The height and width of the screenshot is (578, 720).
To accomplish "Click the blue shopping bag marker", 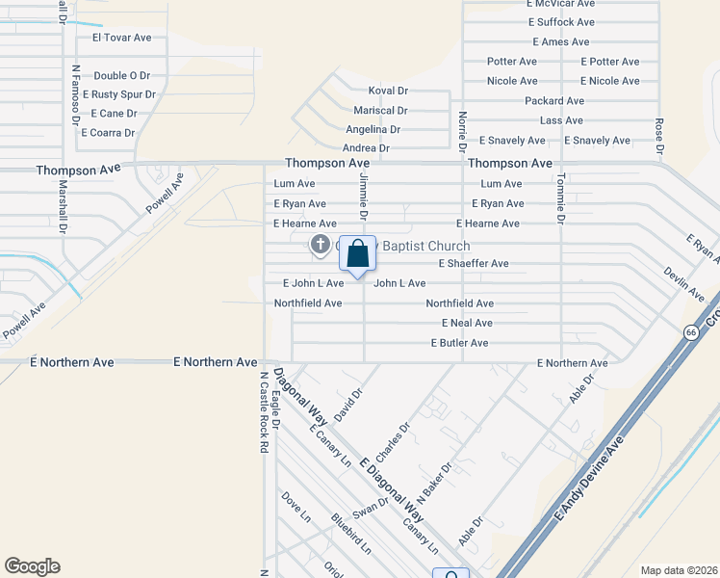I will click(x=357, y=255).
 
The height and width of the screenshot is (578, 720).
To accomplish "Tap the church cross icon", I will click(x=319, y=245).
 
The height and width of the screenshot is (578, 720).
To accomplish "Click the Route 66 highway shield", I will click(x=691, y=332).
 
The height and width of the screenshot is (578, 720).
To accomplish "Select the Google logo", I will click(x=32, y=566).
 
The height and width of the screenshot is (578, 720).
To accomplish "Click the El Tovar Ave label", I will click(x=122, y=38).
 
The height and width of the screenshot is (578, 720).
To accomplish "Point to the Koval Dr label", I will click(x=389, y=90).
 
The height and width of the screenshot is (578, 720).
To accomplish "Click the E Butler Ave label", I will click(x=459, y=343).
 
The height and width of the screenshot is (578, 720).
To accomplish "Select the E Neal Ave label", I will click(x=467, y=323).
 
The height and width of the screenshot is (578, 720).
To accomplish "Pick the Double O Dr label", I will click(x=122, y=75).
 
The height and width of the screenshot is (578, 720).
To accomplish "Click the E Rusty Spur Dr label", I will click(x=119, y=94).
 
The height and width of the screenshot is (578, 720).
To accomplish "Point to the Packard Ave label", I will click(x=554, y=100).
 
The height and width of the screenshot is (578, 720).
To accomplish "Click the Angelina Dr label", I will click(x=373, y=129).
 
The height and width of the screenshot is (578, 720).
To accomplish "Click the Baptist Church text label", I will click(x=426, y=246).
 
